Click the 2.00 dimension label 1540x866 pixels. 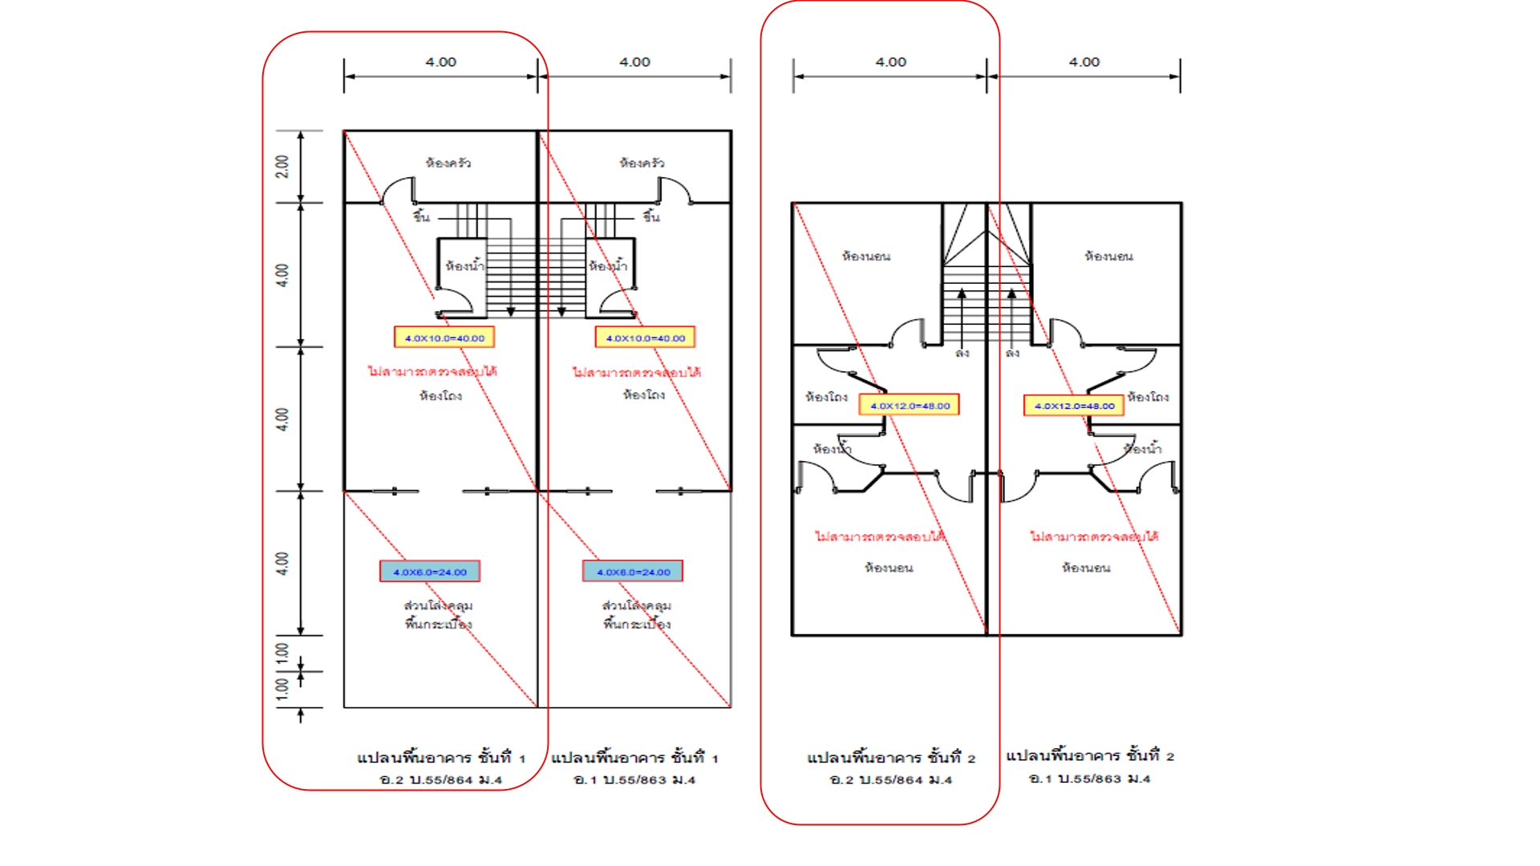pyautogui.click(x=282, y=166)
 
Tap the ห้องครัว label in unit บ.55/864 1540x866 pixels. pyautogui.click(x=448, y=163)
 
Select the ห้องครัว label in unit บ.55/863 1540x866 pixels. pyautogui.click(x=642, y=163)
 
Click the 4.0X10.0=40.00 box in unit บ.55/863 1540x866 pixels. pyautogui.click(x=645, y=338)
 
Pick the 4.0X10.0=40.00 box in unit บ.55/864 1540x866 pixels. pyautogui.click(x=444, y=338)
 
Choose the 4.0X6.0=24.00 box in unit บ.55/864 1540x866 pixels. pyautogui.click(x=430, y=572)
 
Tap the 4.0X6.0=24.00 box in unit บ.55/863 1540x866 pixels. pyautogui.click(x=633, y=572)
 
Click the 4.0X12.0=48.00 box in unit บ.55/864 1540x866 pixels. pyautogui.click(x=910, y=406)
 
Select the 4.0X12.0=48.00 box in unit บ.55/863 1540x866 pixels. pyautogui.click(x=1074, y=406)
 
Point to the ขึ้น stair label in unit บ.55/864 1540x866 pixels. pyautogui.click(x=422, y=216)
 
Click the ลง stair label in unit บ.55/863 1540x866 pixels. pyautogui.click(x=1013, y=353)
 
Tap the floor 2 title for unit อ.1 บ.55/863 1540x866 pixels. pyautogui.click(x=1090, y=755)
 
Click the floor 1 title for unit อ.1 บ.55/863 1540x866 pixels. pyautogui.click(x=634, y=757)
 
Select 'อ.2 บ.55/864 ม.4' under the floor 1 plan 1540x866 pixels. pyautogui.click(x=441, y=779)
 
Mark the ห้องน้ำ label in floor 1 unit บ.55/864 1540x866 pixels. pyautogui.click(x=464, y=265)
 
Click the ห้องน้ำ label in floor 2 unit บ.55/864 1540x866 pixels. pyautogui.click(x=832, y=448)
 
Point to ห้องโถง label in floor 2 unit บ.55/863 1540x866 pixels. pyautogui.click(x=1148, y=396)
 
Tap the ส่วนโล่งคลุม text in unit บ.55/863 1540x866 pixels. pyautogui.click(x=637, y=605)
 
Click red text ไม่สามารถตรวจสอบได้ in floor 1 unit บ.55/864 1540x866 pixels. pyautogui.click(x=432, y=371)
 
